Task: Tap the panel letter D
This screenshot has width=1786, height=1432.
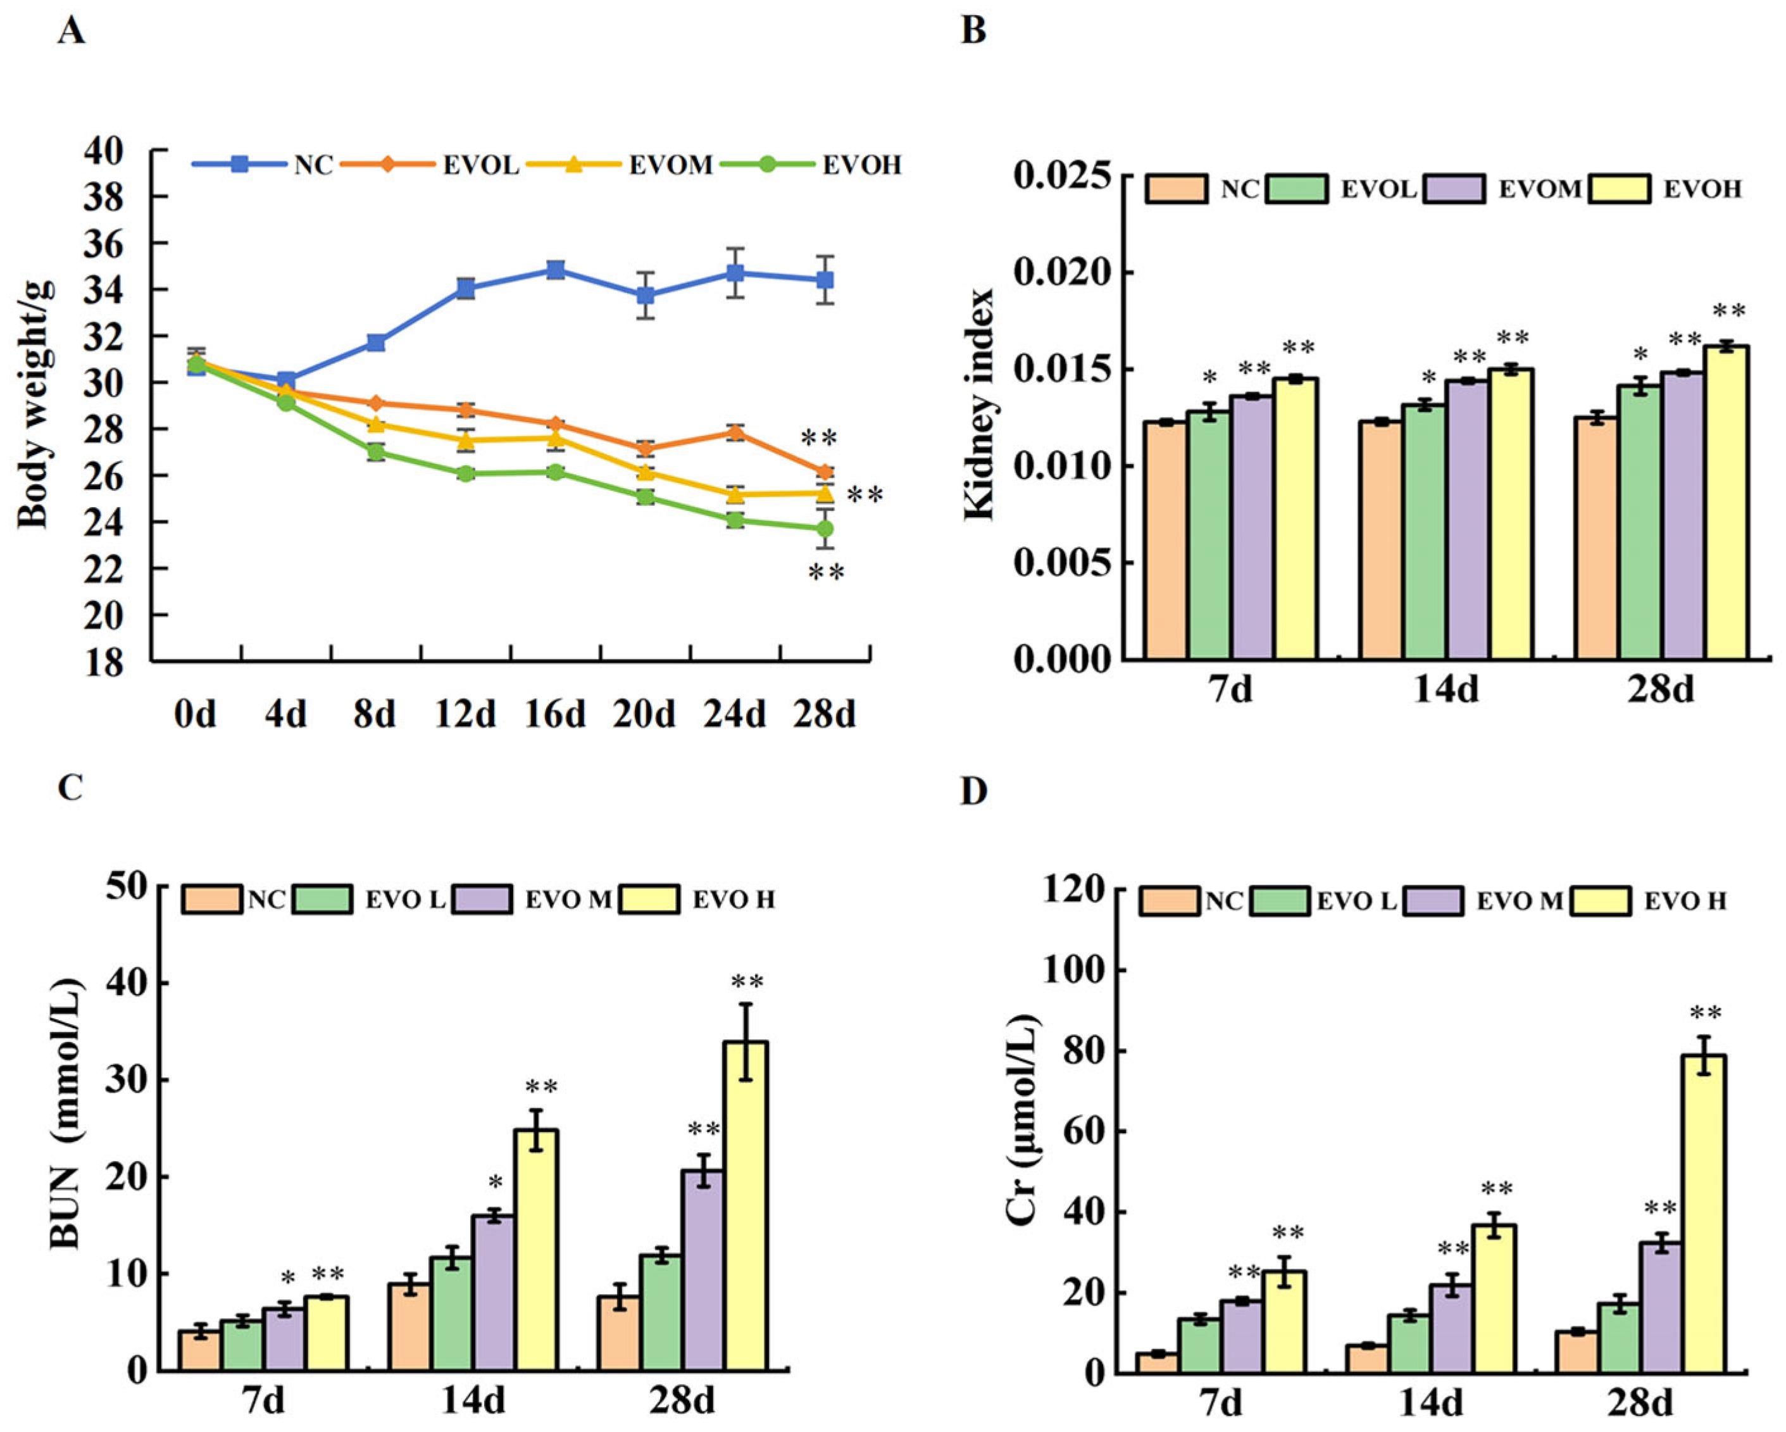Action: pos(974,791)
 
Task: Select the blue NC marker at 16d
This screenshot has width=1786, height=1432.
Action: pos(556,270)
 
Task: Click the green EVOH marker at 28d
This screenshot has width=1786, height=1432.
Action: pos(824,529)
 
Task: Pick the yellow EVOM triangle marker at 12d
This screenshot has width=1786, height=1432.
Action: pos(466,440)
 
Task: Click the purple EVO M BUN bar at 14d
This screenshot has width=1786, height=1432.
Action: pos(494,1293)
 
